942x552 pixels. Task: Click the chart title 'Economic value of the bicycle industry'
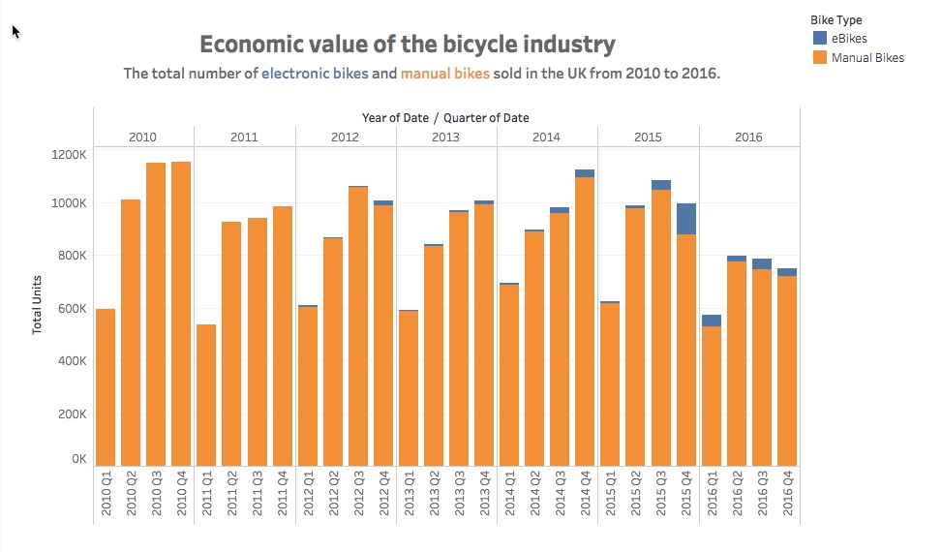point(408,45)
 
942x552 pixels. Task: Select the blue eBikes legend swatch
point(819,38)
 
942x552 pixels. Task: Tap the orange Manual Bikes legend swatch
point(819,58)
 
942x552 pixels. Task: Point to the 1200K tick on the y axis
point(69,154)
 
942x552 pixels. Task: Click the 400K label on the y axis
point(72,361)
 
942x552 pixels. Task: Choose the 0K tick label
point(79,459)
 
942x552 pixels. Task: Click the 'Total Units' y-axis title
point(37,304)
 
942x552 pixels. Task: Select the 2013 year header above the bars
point(445,137)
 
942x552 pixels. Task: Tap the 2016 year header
point(748,137)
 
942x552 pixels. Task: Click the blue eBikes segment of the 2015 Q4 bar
point(686,219)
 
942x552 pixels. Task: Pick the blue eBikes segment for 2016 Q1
point(712,321)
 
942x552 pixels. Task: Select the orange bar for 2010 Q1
point(106,387)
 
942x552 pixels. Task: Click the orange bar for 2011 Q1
point(206,395)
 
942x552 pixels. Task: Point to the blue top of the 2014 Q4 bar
point(585,173)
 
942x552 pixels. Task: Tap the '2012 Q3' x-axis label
point(358,493)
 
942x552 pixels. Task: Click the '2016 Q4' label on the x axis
point(788,493)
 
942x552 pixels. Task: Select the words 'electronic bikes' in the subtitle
point(315,74)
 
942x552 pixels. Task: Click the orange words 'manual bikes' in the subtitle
point(445,74)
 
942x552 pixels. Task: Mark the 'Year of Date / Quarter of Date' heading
point(445,118)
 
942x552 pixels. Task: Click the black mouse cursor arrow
point(15,32)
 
